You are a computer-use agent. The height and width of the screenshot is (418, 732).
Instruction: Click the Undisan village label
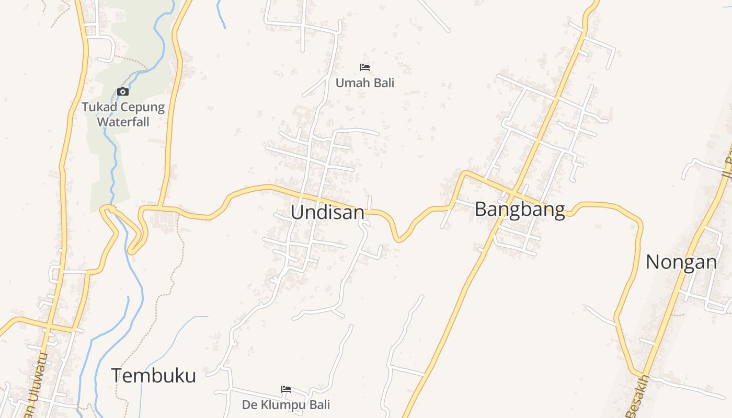coord(327,212)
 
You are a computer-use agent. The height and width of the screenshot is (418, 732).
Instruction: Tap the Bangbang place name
coord(520,210)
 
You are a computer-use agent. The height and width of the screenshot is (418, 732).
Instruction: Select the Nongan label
coord(681,262)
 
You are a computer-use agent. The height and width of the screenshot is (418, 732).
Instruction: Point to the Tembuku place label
coord(153,376)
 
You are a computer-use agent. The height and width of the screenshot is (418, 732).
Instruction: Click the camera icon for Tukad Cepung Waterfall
coord(123,92)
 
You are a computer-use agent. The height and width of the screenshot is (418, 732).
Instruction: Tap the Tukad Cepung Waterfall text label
coord(123,114)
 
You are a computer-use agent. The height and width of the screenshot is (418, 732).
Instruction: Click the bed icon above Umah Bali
coord(365,67)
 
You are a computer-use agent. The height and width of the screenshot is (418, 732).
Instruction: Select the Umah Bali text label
coord(365,83)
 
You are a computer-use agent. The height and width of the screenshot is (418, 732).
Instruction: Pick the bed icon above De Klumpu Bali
coord(286,389)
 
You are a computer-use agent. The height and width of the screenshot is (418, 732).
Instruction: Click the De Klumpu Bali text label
coord(286,404)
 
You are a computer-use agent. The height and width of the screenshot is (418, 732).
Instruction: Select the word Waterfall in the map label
coord(123,122)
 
